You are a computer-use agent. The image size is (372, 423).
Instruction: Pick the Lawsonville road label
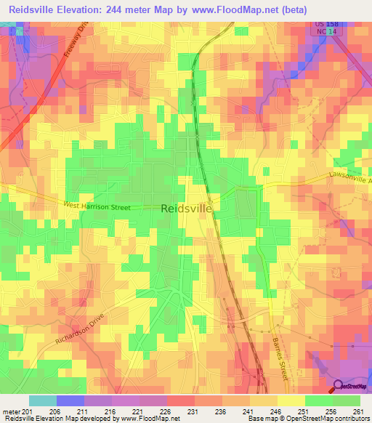(349, 177)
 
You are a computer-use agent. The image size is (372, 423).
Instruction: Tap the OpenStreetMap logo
(350, 387)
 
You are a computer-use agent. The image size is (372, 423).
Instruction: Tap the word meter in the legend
(10, 411)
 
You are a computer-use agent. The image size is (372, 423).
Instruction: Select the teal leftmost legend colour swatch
(43, 400)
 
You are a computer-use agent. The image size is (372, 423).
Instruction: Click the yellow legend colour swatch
(291, 400)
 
